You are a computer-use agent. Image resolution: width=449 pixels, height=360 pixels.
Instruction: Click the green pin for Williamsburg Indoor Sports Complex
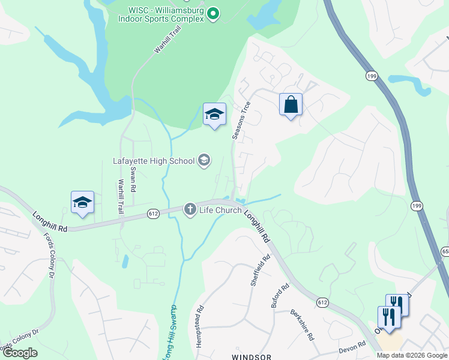[x=212, y=13]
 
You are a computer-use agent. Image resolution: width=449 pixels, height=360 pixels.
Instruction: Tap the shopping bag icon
[x=291, y=104]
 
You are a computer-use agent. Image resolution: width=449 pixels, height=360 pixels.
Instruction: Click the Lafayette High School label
[x=154, y=161]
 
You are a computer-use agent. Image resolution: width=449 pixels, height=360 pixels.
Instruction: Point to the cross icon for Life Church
[x=190, y=209]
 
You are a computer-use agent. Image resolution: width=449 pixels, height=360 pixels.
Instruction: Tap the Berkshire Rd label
[x=302, y=325]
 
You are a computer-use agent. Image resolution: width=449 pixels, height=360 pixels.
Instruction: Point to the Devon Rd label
[x=352, y=346]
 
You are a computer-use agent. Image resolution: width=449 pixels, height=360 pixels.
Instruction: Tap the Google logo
[x=20, y=353]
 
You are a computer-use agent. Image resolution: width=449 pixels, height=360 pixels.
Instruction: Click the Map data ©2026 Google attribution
[x=411, y=355]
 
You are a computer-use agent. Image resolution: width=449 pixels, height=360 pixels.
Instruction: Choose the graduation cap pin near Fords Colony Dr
[x=82, y=202]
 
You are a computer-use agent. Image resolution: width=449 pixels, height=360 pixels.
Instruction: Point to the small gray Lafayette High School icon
[x=204, y=160]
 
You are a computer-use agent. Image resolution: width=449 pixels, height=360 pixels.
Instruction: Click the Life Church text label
[x=221, y=210]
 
